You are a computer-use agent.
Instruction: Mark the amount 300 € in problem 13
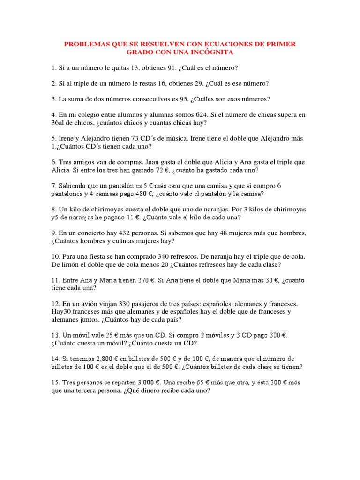[279, 335]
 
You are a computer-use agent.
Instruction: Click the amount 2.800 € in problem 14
[104, 359]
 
